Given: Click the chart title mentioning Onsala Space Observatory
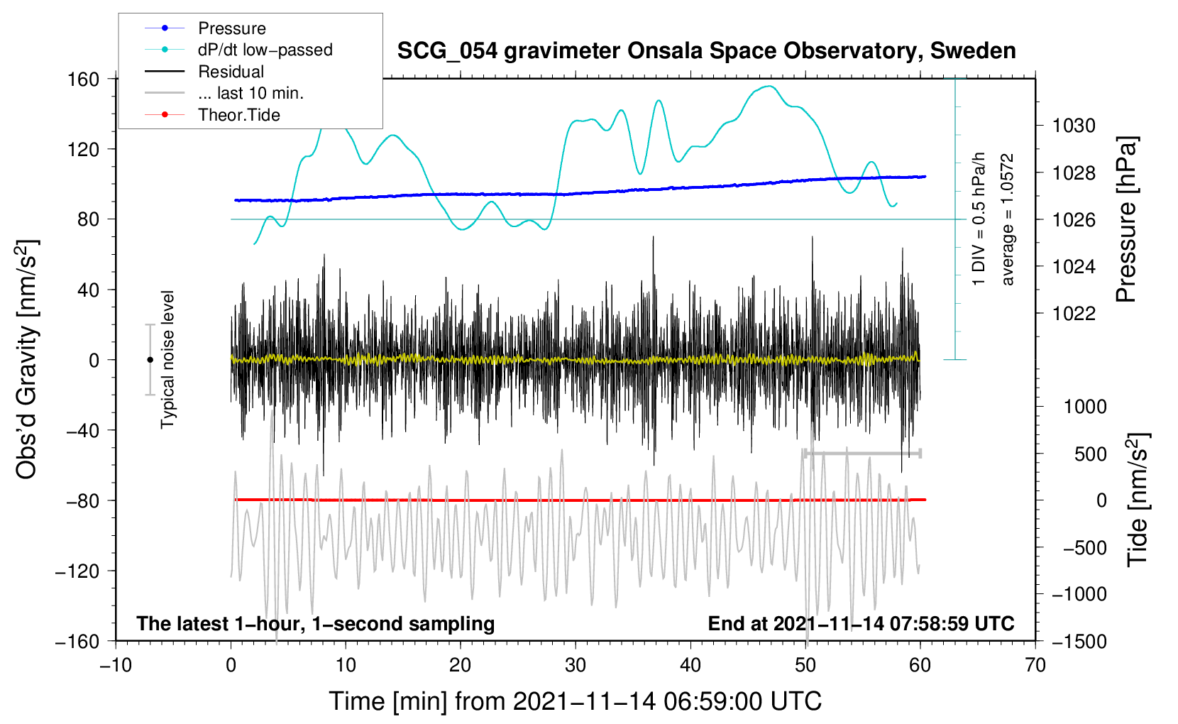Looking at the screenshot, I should click(706, 51).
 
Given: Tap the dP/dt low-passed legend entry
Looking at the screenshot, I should click(265, 50).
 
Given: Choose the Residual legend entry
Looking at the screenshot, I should click(231, 72).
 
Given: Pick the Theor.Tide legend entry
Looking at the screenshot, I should click(238, 115).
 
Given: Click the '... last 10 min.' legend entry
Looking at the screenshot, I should click(251, 93).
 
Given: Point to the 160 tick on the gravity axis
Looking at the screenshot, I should click(84, 79).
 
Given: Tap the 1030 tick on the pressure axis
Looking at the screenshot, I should click(1074, 126).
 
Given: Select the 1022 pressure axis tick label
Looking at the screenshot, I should click(1074, 314).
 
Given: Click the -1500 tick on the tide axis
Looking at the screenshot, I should click(1079, 642).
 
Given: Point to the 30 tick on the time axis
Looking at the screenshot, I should click(576, 666).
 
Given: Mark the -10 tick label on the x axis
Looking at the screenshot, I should click(116, 666).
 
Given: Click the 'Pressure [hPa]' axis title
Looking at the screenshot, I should click(1126, 220).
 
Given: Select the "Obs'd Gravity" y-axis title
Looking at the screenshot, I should click(27, 359).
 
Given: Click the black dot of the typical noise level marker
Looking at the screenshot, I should click(150, 360).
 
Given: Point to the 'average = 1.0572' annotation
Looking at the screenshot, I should click(1008, 220).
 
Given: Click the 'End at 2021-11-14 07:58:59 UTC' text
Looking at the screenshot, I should click(861, 624).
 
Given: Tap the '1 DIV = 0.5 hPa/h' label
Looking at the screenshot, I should click(979, 219).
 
